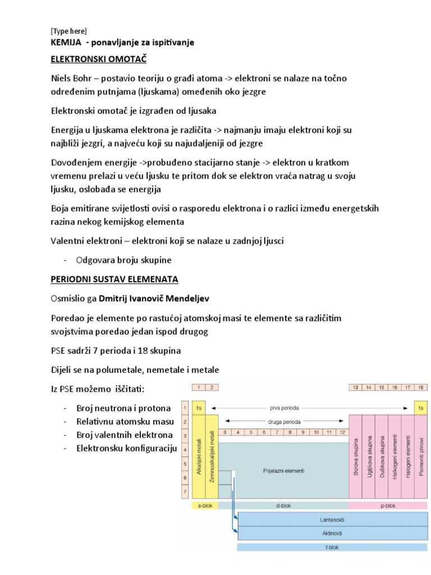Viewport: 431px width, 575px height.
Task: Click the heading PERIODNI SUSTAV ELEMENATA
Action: [x=113, y=279]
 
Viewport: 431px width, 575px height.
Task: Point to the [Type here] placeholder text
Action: [x=68, y=31]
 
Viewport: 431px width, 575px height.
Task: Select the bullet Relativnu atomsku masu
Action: [x=125, y=422]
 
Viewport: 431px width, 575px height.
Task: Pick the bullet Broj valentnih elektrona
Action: [x=125, y=435]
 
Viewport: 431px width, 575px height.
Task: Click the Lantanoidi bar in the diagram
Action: [x=331, y=519]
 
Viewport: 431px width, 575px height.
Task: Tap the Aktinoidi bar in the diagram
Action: [x=331, y=533]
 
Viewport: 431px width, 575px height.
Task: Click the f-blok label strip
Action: [x=331, y=547]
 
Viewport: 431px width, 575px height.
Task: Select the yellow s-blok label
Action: [x=205, y=505]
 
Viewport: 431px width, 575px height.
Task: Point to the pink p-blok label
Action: [x=388, y=505]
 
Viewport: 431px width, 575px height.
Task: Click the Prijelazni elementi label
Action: [x=283, y=471]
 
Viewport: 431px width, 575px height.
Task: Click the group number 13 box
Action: [x=356, y=387]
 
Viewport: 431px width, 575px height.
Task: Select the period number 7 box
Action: [x=184, y=492]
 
